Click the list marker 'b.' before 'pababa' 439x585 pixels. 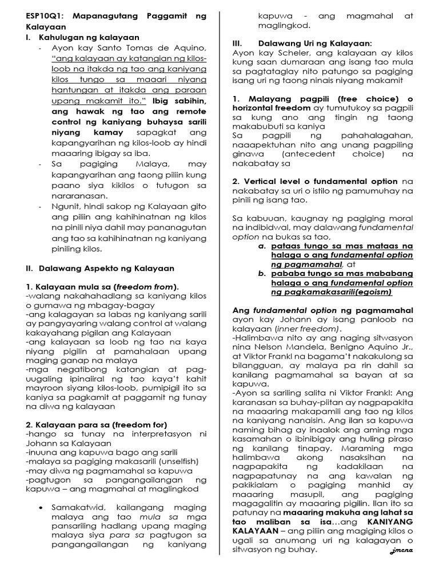click(x=262, y=274)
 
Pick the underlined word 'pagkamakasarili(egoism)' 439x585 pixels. click(x=340, y=292)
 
